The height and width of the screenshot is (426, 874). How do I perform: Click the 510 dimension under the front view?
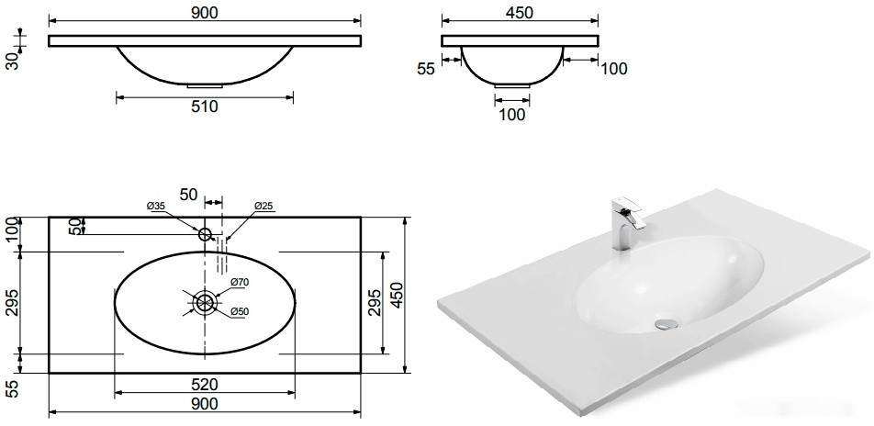click(205, 106)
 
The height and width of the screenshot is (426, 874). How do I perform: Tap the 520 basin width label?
click(205, 384)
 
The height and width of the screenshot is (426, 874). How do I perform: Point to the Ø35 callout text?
click(156, 206)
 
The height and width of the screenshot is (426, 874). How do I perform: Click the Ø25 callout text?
click(263, 206)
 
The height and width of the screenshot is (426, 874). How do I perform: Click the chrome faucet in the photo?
click(626, 223)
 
